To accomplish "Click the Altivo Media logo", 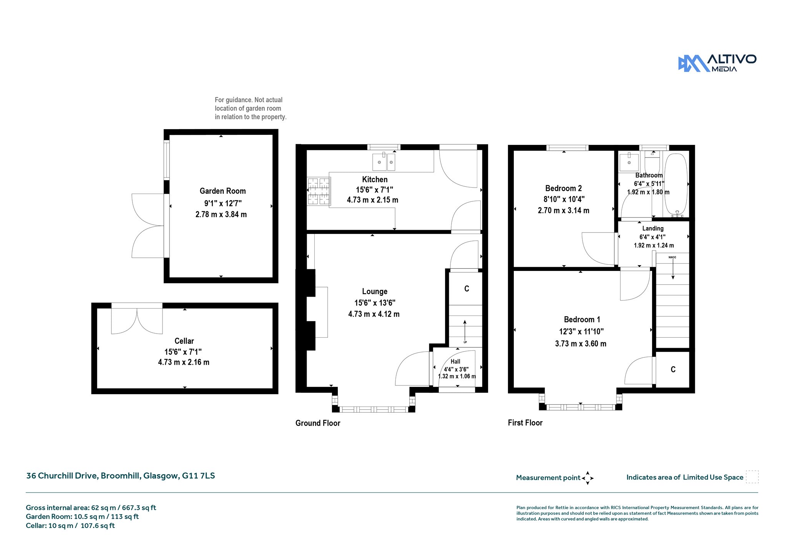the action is tap(717, 63).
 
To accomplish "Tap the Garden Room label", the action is tap(222, 191).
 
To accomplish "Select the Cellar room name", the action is tap(184, 341).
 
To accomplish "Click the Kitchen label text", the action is tap(375, 179).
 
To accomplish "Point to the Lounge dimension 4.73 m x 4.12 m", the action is tap(374, 314).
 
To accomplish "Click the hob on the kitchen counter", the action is tap(319, 191).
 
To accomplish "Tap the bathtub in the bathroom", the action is tap(676, 184).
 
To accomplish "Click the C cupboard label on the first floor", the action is tap(673, 369).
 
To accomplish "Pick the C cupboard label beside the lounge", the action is tap(467, 289).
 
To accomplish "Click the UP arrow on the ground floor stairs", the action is tap(465, 329).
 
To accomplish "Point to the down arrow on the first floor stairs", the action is tap(673, 269).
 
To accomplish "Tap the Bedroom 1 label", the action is tap(582, 319).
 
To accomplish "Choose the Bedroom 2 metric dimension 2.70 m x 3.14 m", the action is tap(563, 210).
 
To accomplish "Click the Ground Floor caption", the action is tap(318, 423).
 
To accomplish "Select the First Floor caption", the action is tap(525, 423).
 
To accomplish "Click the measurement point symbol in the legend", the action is tap(588, 478).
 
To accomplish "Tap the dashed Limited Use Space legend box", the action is tap(752, 477).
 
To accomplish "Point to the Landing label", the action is tap(653, 228).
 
